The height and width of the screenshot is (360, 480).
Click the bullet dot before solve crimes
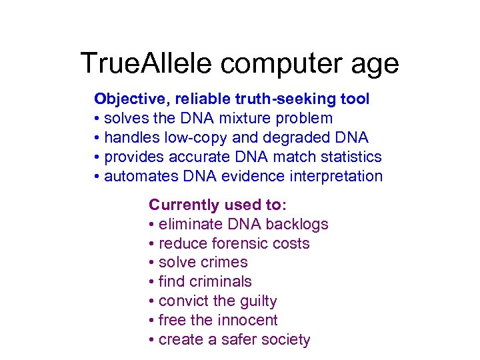coord(152,263)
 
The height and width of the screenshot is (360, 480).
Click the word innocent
coord(247,321)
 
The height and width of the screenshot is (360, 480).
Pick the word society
coord(285,340)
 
